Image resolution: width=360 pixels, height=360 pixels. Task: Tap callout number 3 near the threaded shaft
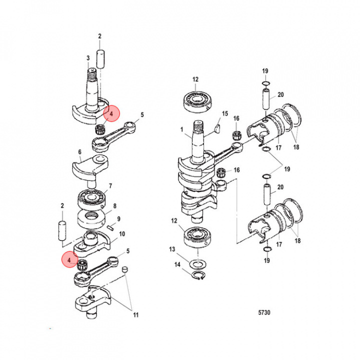coord(88,58)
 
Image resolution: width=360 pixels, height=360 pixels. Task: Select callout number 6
coord(79,152)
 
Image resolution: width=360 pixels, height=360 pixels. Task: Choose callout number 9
coord(118,218)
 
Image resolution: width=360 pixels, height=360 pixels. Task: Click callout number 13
coord(172,249)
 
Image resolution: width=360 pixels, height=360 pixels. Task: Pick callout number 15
coord(224,113)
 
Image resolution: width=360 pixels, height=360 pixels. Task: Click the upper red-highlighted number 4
coord(111,113)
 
